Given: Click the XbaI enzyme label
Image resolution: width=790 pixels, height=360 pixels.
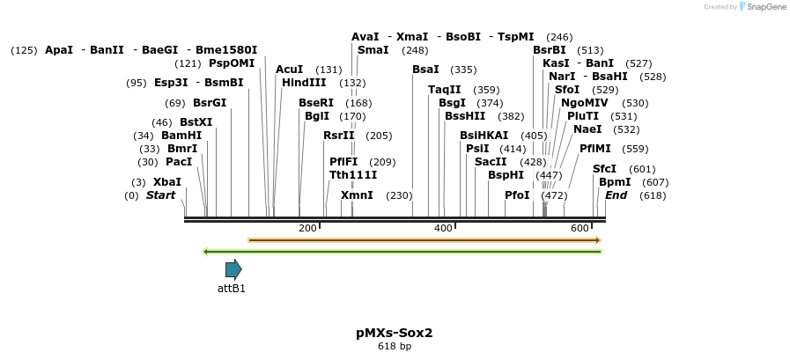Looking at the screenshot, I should (167, 182).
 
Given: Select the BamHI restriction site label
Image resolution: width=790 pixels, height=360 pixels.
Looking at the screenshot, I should (181, 136).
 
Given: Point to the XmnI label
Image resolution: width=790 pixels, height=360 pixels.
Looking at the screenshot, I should (357, 195).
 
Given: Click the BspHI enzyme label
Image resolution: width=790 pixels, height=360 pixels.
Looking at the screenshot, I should (506, 175).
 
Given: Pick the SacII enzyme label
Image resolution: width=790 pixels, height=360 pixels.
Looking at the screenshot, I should (491, 162).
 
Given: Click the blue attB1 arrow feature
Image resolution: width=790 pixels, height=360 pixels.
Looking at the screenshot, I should (233, 269).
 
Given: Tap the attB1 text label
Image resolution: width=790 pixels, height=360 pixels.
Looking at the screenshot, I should (232, 288).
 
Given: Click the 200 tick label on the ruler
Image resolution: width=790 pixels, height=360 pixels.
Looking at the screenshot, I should (307, 229).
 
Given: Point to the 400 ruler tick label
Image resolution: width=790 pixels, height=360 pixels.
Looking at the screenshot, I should (443, 229).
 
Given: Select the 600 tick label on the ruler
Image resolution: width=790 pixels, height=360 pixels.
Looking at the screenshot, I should (580, 229).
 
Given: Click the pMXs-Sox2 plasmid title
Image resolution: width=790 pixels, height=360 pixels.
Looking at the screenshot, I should (395, 333).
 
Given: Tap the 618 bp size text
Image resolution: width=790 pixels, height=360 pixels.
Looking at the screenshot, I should (395, 346).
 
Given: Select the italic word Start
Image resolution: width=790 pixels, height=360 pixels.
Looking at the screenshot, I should (160, 195).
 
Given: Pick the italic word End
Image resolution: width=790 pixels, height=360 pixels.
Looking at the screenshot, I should (616, 195).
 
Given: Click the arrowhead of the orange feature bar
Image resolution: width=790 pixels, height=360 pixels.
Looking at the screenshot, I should (598, 239).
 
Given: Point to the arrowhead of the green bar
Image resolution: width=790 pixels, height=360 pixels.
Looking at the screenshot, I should (205, 252).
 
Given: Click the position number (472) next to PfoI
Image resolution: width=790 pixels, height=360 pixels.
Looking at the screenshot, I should (554, 195).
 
